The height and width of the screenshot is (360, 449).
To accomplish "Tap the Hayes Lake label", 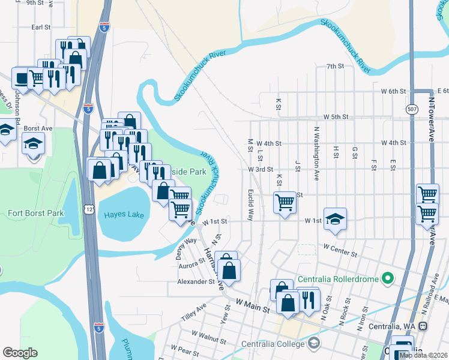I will (x=124, y=214).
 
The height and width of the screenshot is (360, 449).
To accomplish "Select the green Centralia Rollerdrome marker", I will (x=387, y=278).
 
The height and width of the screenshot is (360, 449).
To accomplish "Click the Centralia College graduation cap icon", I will (x=313, y=343).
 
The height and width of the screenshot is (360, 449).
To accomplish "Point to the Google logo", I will (x=20, y=353).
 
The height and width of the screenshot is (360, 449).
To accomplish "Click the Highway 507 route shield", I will (x=411, y=110).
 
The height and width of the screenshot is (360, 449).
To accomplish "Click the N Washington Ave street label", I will (x=316, y=154).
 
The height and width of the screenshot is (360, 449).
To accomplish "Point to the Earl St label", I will (x=41, y=27).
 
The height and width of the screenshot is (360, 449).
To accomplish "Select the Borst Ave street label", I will (x=40, y=128).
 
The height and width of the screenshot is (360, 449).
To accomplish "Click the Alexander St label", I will (x=196, y=281).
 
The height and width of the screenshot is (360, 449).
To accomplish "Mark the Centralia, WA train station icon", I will (x=422, y=326).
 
